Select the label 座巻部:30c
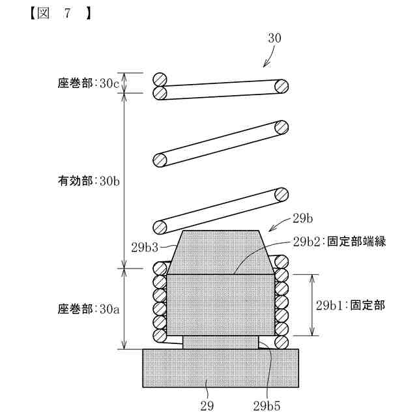88,83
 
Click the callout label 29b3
145,247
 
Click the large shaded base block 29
220,368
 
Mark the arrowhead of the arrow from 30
264,66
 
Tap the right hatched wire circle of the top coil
281,86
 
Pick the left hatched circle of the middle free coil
159,159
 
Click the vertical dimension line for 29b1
312,305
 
